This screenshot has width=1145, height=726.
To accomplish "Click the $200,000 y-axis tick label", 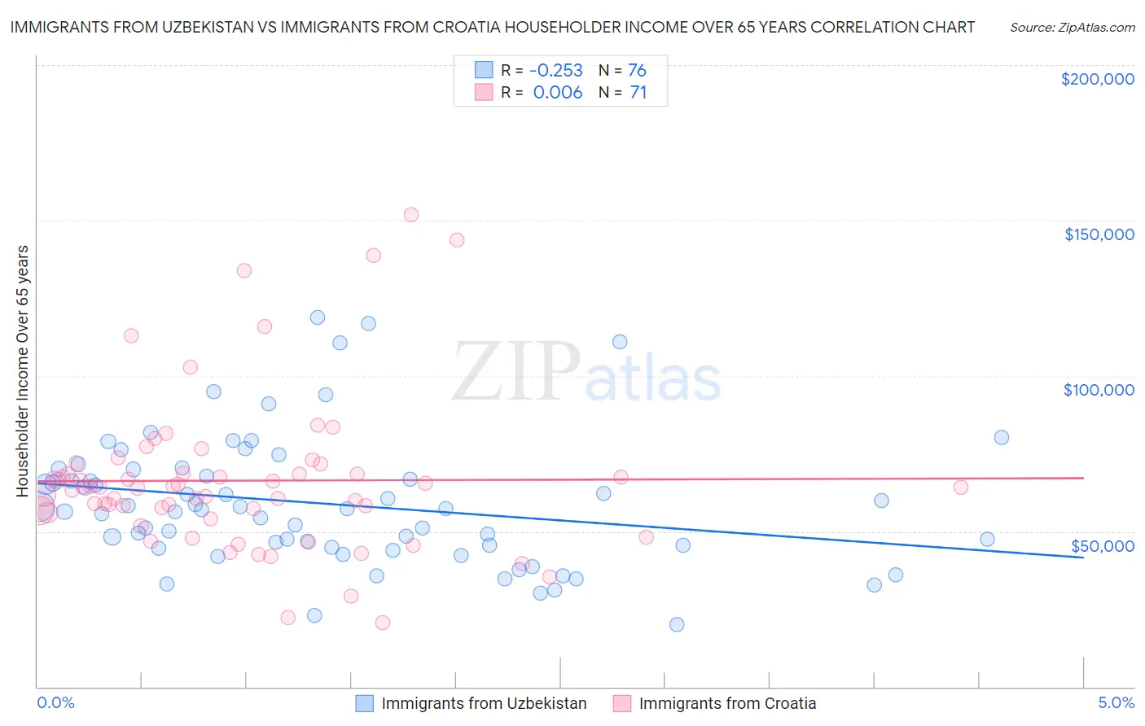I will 1097,79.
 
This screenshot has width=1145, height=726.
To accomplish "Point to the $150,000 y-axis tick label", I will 1099,234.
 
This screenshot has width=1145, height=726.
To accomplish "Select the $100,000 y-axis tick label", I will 1099,390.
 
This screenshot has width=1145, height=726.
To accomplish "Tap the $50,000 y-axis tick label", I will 1102,545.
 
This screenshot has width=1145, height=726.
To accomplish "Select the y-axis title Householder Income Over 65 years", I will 23,370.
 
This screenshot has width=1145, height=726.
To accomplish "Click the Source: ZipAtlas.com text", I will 1072,27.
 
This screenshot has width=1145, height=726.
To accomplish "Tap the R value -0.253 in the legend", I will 555,70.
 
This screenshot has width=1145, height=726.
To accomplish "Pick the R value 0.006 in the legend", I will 557,93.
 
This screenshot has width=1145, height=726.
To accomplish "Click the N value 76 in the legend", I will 637,70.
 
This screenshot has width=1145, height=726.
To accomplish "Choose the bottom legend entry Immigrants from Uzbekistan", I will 484,704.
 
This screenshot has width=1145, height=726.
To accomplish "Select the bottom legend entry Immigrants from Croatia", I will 727,704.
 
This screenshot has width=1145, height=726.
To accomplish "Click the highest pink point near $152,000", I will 411,215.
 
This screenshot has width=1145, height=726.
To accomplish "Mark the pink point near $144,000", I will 457,240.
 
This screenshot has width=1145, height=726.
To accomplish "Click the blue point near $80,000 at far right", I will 1002,438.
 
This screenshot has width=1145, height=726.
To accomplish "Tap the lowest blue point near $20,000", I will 677,625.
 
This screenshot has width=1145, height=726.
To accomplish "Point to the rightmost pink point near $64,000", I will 961,488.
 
